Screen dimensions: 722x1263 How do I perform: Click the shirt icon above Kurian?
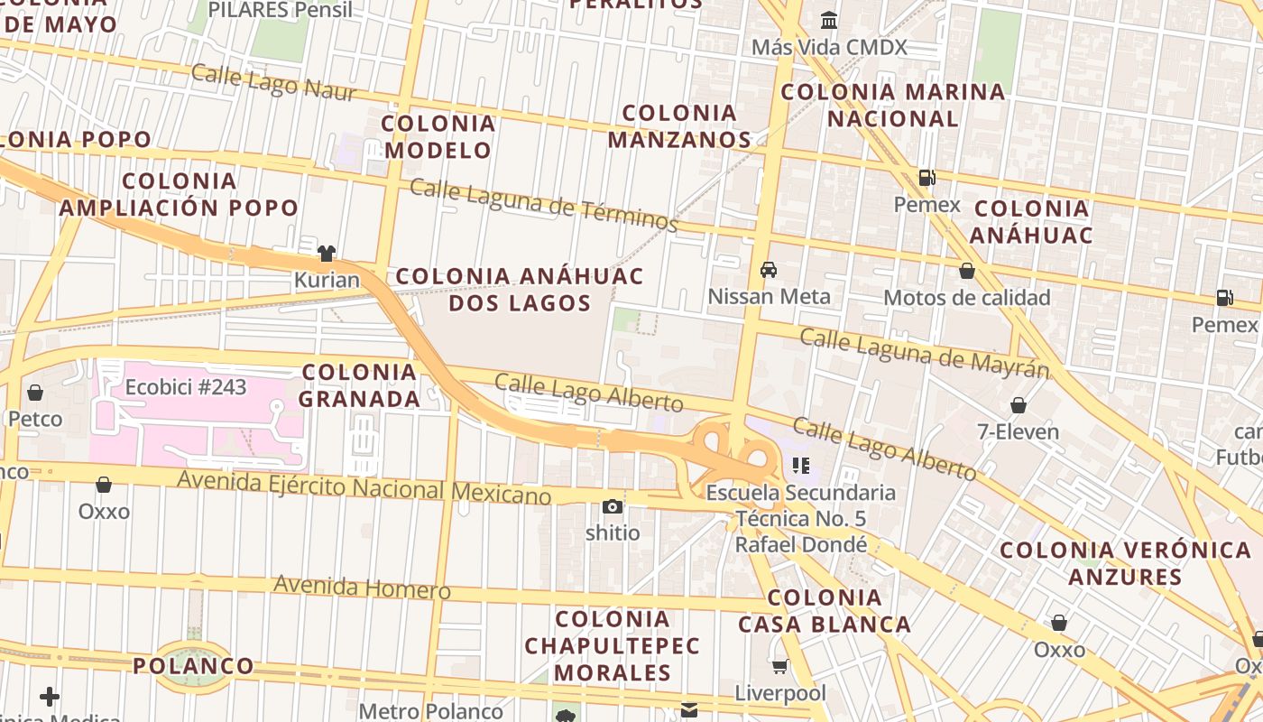click(x=327, y=254)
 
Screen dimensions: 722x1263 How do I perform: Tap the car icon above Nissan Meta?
click(x=769, y=269)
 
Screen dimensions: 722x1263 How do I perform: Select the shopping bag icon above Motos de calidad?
click(x=966, y=271)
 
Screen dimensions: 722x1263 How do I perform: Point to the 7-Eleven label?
click(x=1019, y=432)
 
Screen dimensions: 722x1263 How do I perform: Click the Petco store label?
click(x=35, y=419)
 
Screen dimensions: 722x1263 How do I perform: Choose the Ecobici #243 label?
click(x=186, y=387)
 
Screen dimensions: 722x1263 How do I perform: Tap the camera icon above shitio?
click(x=613, y=506)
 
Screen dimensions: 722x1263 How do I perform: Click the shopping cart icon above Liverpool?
click(x=780, y=667)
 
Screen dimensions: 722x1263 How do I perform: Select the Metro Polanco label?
click(x=430, y=711)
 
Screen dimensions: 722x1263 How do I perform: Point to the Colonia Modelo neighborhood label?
click(x=438, y=136)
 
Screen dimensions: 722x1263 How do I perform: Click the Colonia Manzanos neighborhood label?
click(x=679, y=126)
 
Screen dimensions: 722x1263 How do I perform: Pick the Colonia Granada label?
click(x=359, y=385)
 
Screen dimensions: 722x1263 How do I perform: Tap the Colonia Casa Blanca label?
click(x=825, y=611)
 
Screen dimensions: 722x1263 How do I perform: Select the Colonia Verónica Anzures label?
click(x=1125, y=563)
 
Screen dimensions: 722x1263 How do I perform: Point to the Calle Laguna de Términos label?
click(x=543, y=204)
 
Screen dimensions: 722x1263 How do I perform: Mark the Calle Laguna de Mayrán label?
click(x=925, y=353)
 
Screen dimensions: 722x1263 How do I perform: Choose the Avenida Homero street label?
click(x=362, y=587)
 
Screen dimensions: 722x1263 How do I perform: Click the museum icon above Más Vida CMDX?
click(x=828, y=20)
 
